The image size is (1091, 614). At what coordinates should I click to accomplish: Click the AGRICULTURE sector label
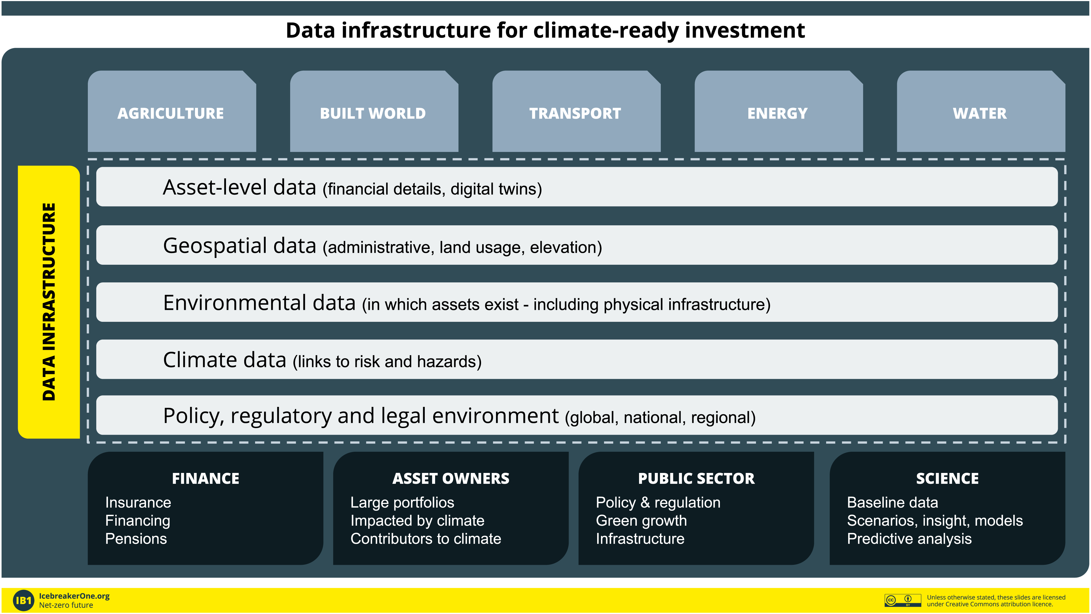[171, 114]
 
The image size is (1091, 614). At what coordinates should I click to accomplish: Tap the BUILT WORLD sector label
[373, 114]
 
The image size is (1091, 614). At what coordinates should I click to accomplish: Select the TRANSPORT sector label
[575, 114]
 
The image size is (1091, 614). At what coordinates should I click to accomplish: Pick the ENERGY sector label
[777, 114]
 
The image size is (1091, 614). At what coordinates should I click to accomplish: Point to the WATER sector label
[980, 114]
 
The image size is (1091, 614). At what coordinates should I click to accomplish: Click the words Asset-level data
[240, 188]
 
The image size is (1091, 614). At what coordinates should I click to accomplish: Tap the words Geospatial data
[240, 246]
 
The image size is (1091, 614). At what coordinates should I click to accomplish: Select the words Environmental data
[259, 303]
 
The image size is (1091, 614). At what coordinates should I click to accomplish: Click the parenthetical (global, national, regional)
[660, 417]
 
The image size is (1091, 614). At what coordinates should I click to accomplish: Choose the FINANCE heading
[205, 478]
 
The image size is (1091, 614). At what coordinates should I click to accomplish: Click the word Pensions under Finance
[136, 539]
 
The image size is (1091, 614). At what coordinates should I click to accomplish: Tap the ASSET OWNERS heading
[451, 478]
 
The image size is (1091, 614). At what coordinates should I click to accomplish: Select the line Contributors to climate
[426, 539]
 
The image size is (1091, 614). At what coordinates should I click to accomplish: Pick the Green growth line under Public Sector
[641, 521]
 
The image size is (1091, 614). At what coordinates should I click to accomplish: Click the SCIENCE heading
[947, 478]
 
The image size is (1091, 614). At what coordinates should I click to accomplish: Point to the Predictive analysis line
[909, 539]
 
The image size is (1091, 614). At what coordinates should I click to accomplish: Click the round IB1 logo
[24, 600]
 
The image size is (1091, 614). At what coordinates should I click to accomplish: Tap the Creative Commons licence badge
[903, 600]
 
